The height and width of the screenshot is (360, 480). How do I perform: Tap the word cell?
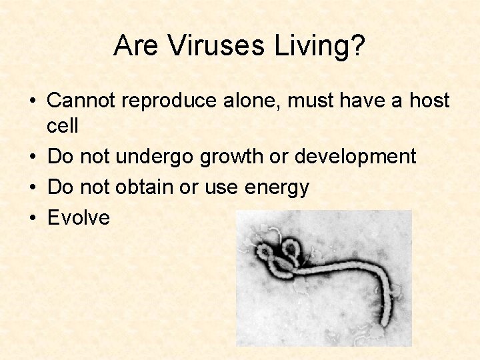63,125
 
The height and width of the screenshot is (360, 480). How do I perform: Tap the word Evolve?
79,217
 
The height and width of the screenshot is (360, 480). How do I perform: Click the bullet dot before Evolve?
33,218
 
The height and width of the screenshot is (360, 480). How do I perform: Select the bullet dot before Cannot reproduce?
33,101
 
